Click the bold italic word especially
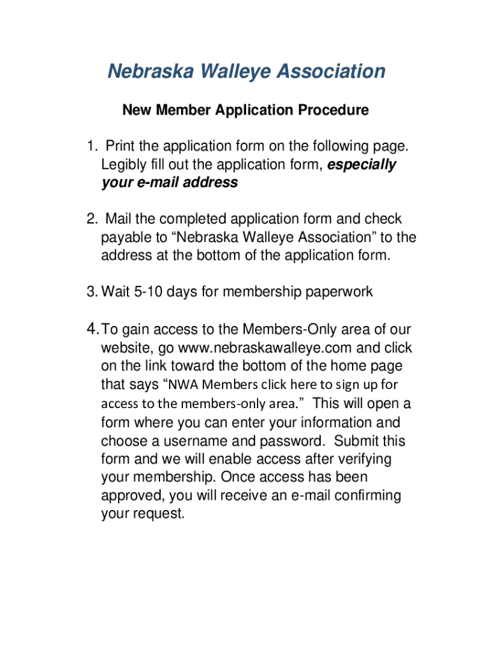[362, 165]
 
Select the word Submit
[356, 441]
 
